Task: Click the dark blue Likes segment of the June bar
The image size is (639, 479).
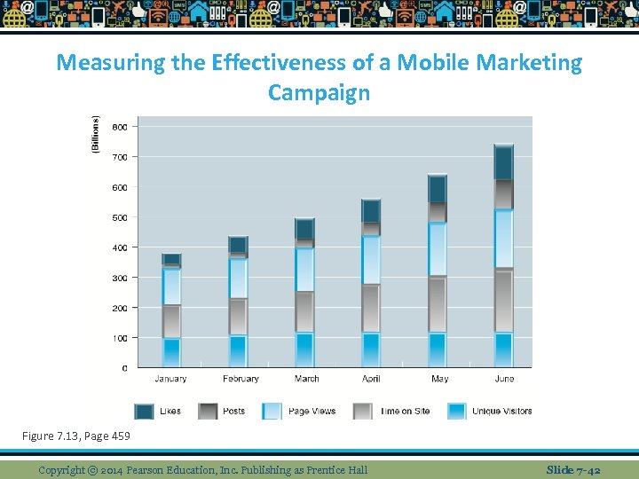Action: click(x=503, y=162)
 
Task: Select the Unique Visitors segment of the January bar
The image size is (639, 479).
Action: click(x=171, y=352)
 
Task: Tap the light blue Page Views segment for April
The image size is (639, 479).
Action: click(x=371, y=259)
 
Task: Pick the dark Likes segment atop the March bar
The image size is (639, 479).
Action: click(x=304, y=229)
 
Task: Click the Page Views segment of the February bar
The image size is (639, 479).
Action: click(x=238, y=279)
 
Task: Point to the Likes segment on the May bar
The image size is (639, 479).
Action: click(x=438, y=188)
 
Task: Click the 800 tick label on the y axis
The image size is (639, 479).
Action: click(x=119, y=127)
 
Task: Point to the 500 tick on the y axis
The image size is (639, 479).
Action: click(x=119, y=217)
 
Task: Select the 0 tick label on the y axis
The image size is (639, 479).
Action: click(x=123, y=367)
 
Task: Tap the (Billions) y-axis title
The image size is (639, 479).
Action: click(x=96, y=136)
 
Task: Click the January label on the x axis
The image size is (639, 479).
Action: click(x=170, y=379)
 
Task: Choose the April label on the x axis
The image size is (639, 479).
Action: click(x=371, y=379)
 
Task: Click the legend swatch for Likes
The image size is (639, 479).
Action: click(x=144, y=412)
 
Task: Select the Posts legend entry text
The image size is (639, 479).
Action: click(x=234, y=412)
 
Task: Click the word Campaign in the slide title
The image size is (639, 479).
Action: click(x=319, y=92)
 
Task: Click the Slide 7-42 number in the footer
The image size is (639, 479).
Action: click(x=573, y=469)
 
